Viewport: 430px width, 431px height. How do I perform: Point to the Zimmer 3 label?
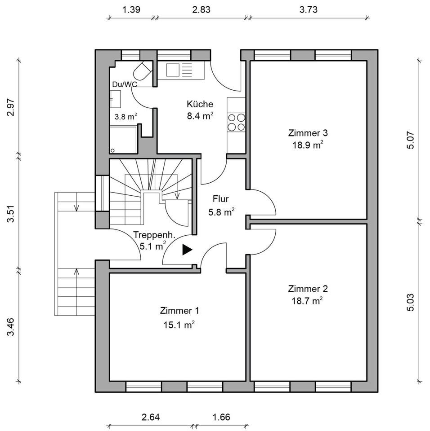pyautogui.click(x=308, y=133)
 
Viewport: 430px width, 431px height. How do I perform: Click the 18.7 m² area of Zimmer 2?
pyautogui.click(x=308, y=301)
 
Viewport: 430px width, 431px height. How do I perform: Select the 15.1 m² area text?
pyautogui.click(x=179, y=325)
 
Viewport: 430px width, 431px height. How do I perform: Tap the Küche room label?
pyautogui.click(x=200, y=104)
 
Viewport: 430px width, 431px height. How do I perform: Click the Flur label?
pyautogui.click(x=221, y=198)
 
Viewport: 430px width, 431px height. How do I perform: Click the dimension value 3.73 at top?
pyautogui.click(x=309, y=10)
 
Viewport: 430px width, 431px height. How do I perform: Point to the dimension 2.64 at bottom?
pyautogui.click(x=150, y=417)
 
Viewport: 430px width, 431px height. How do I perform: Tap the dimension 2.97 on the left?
pyautogui.click(x=11, y=108)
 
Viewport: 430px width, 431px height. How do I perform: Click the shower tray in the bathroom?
pyautogui.click(x=123, y=140)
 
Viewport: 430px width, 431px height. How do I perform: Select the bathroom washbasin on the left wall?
pyautogui.click(x=115, y=99)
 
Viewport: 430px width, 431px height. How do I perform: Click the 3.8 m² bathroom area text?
pyautogui.click(x=125, y=117)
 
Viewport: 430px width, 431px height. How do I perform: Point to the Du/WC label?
pyautogui.click(x=125, y=84)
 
